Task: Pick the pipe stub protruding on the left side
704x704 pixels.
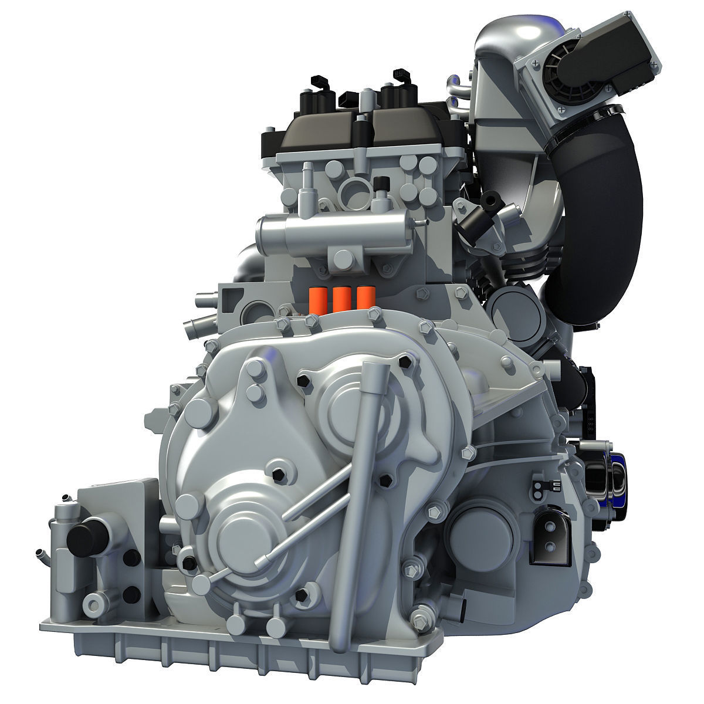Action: pos(194,324)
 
